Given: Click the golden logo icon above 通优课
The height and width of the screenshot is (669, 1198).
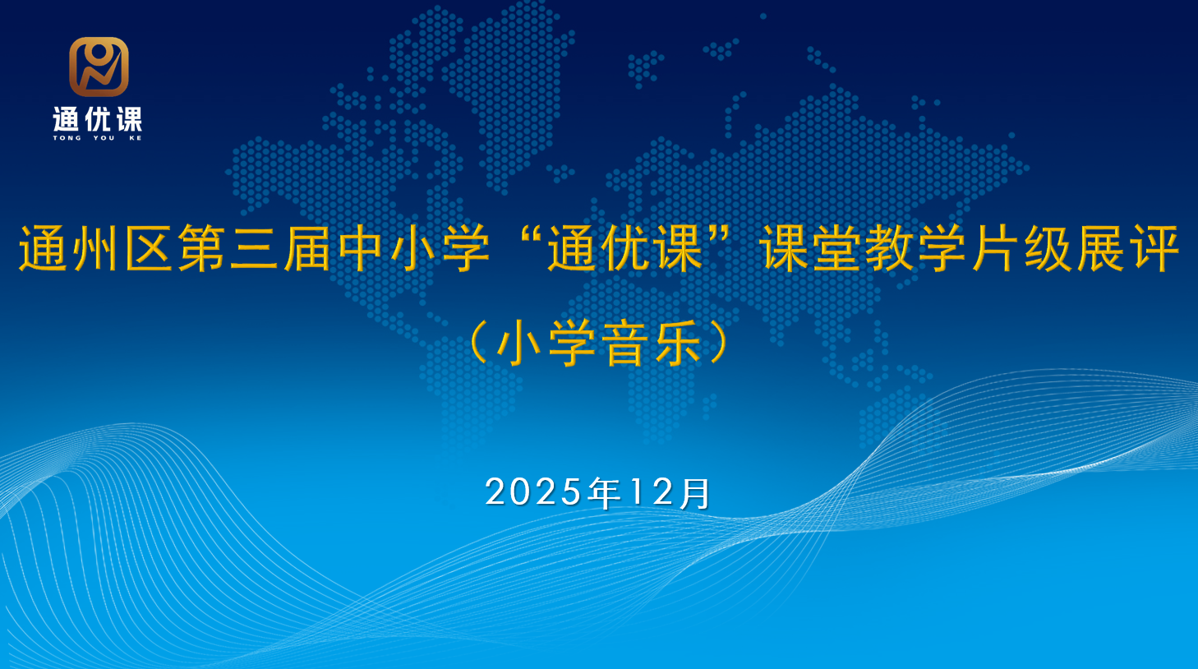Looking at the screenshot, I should pos(99,67).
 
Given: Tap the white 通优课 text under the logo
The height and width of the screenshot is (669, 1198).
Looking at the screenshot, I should pos(98,120).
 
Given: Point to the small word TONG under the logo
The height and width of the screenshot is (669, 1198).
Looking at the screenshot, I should pos(67,138).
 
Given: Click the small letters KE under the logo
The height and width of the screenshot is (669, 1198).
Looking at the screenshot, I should pos(136,138).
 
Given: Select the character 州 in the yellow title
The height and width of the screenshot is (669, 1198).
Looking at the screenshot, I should pos(97,248).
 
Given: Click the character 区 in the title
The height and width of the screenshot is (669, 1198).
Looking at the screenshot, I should pos(150,248).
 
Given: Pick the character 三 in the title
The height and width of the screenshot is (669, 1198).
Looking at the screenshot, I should pos(255,248).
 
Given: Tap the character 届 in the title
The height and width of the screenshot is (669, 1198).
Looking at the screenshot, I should pos(307,248).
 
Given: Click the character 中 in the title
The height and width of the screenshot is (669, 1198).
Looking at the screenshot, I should pos(362,248).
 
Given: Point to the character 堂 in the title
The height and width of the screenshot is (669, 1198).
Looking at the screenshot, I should pos(837,248).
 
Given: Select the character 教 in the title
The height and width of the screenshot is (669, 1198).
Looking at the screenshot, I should pos(890,248).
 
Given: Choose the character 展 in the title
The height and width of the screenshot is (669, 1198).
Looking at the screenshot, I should pos(1101,248).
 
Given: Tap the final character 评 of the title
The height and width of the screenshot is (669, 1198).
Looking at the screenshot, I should pos(1154,248).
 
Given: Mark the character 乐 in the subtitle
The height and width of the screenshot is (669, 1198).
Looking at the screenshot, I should pos(677,344).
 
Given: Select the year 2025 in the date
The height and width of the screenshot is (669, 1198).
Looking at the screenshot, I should pos(534,492).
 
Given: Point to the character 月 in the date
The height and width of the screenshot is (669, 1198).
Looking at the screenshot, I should pos(696,493).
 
